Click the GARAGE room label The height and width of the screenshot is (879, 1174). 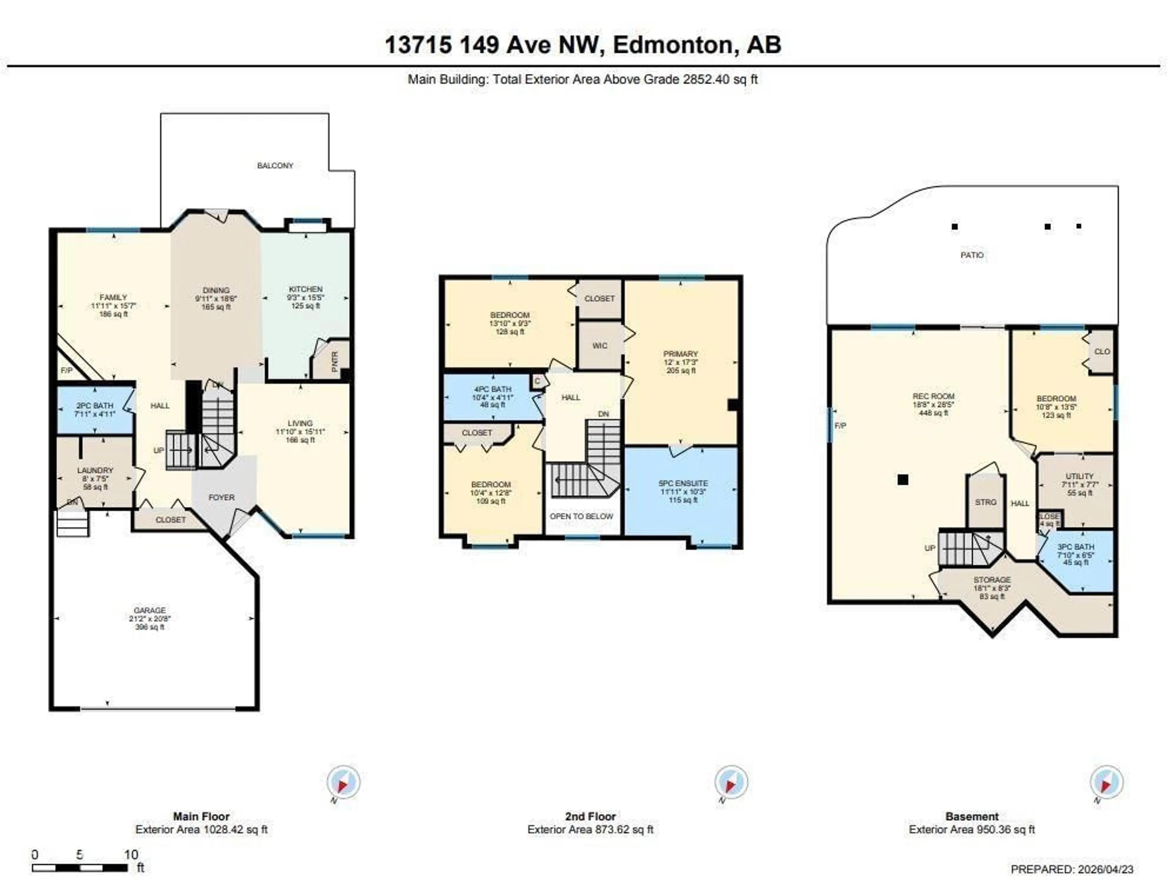(x=150, y=610)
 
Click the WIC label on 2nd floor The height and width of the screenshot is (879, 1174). (x=600, y=346)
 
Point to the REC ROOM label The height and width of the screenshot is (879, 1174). (x=933, y=396)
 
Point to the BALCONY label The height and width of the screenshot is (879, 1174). (x=275, y=165)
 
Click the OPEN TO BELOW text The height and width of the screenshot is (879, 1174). (x=581, y=516)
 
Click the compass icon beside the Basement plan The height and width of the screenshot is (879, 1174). (x=1107, y=782)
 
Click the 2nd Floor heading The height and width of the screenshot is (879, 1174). (x=590, y=816)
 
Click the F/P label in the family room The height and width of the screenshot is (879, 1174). (x=66, y=370)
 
